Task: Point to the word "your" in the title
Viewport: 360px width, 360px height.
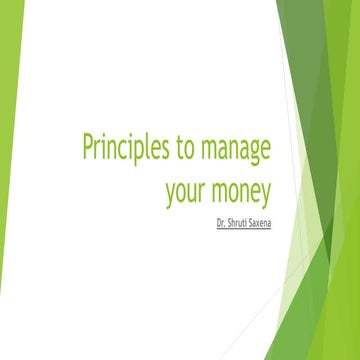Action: pos(187,191)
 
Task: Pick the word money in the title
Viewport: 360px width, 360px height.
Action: pos(242,191)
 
